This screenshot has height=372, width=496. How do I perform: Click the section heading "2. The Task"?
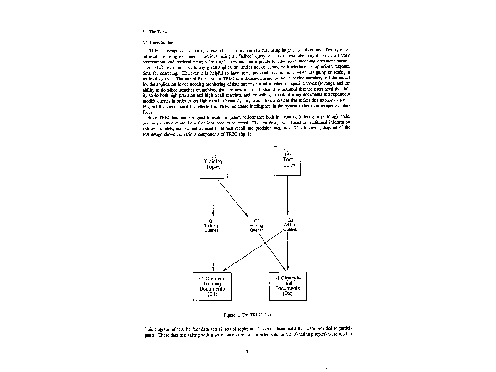coord(155,31)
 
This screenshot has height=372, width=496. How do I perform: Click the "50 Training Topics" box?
coord(213,162)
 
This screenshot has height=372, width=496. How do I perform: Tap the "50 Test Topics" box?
coord(287,160)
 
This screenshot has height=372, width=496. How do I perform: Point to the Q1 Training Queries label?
coord(212,226)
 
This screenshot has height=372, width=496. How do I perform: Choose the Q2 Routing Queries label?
coord(256,226)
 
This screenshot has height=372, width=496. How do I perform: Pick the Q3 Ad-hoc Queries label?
coord(290,225)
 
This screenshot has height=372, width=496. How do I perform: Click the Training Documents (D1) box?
coord(212,286)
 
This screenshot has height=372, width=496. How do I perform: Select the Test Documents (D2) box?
coord(287,285)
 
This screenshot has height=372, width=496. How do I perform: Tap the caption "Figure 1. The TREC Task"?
coord(246,314)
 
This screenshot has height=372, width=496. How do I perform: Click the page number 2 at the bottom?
coord(247,352)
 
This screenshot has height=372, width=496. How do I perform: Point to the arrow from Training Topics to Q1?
coord(213,199)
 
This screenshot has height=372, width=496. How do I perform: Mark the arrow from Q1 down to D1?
coord(213,252)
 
